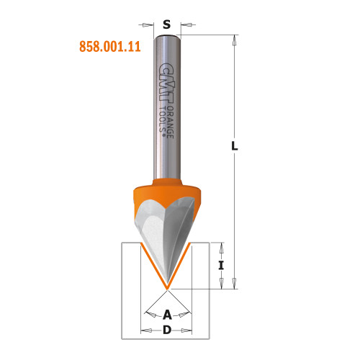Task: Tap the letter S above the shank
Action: [167, 24]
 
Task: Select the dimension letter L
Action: [234, 146]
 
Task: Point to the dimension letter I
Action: [222, 266]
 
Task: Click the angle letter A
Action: [167, 314]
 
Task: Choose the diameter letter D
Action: [167, 330]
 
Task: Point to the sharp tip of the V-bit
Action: [168, 289]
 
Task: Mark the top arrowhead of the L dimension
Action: [234, 37]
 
